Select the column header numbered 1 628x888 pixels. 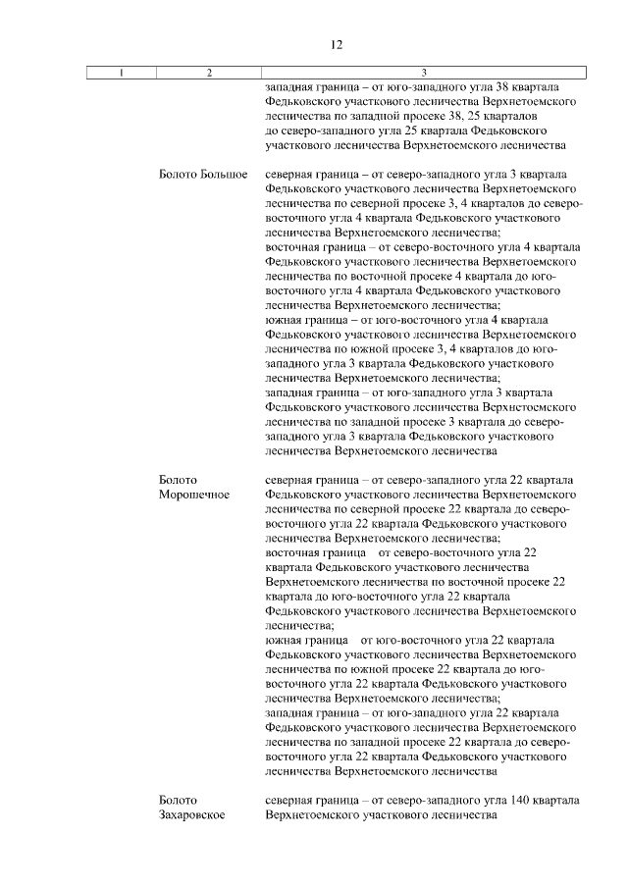coord(121,73)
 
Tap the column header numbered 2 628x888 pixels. coord(209,73)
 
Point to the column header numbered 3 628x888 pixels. coord(423,73)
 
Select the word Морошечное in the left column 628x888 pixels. coord(194,495)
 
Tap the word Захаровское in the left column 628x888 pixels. coord(193,815)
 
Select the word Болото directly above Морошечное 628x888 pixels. coord(178,480)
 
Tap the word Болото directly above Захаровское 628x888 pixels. coord(178,801)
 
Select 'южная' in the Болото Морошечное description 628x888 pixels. coord(285,640)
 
